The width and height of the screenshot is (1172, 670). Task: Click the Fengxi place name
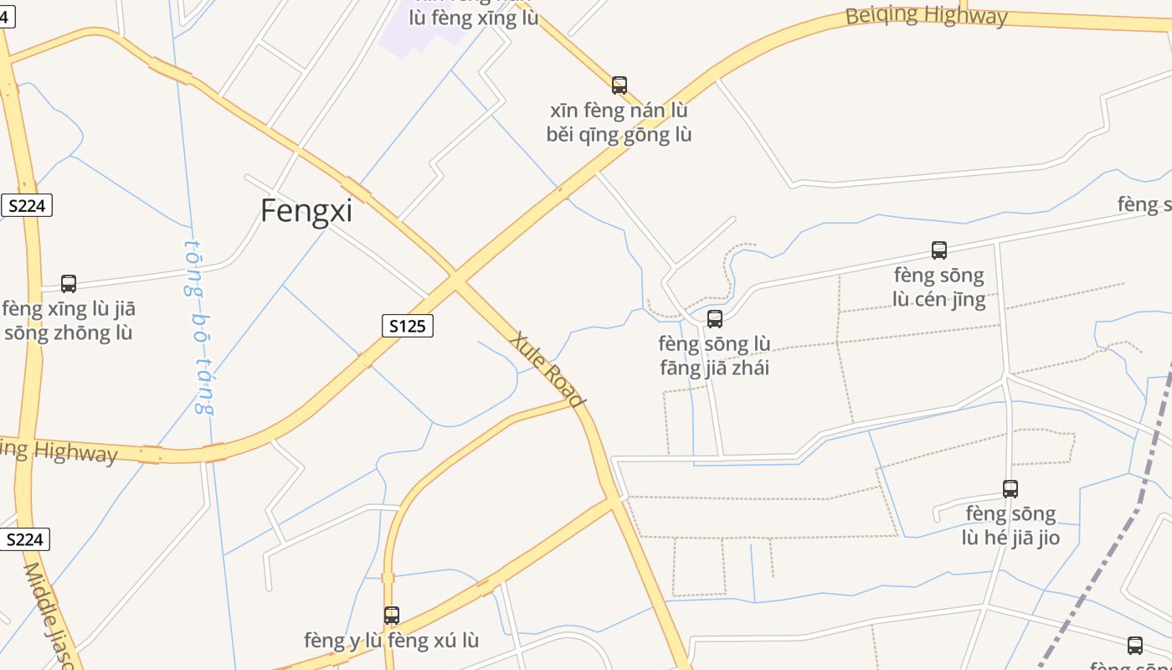click(x=306, y=210)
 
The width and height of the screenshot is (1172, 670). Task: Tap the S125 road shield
click(x=408, y=326)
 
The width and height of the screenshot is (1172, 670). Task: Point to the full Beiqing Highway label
click(x=926, y=15)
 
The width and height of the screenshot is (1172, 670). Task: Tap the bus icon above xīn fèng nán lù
click(x=619, y=85)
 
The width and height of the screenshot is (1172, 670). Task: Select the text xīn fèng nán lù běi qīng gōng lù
click(x=619, y=122)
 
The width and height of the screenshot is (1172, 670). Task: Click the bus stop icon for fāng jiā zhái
click(x=714, y=319)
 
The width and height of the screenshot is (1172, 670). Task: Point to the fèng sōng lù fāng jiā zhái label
click(x=714, y=356)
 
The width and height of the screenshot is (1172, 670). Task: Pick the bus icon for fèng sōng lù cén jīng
click(x=939, y=250)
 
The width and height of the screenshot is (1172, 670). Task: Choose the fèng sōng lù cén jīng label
click(x=939, y=287)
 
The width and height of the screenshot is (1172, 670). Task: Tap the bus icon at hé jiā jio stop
click(x=1010, y=489)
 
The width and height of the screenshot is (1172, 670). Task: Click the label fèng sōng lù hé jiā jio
click(x=1010, y=525)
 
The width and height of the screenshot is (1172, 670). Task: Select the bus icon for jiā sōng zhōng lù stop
click(x=69, y=284)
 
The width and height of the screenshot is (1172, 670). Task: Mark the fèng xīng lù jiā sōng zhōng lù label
click(x=69, y=321)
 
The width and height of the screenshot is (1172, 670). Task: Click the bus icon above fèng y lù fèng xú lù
click(x=391, y=616)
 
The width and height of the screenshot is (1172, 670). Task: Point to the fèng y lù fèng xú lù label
click(x=391, y=641)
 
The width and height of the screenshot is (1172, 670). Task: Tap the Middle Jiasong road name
click(x=50, y=616)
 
